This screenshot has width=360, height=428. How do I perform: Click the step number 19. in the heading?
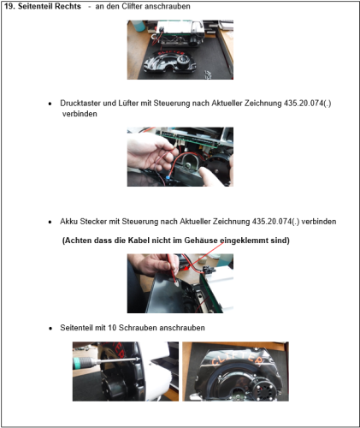[x=9, y=6]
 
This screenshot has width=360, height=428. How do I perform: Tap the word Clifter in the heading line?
[x=132, y=6]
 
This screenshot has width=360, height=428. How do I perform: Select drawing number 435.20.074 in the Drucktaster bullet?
[x=304, y=103]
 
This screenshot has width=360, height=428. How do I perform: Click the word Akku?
[x=68, y=222]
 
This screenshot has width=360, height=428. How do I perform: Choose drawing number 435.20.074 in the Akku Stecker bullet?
[x=272, y=222]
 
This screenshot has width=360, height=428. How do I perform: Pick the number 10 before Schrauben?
[x=112, y=328]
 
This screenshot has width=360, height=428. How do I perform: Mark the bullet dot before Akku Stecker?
[x=50, y=222]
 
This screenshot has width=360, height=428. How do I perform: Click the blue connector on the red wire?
[x=168, y=178]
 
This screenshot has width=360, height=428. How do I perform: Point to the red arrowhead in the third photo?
[x=186, y=268]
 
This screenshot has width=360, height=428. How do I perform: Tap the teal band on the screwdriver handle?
[x=77, y=363]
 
